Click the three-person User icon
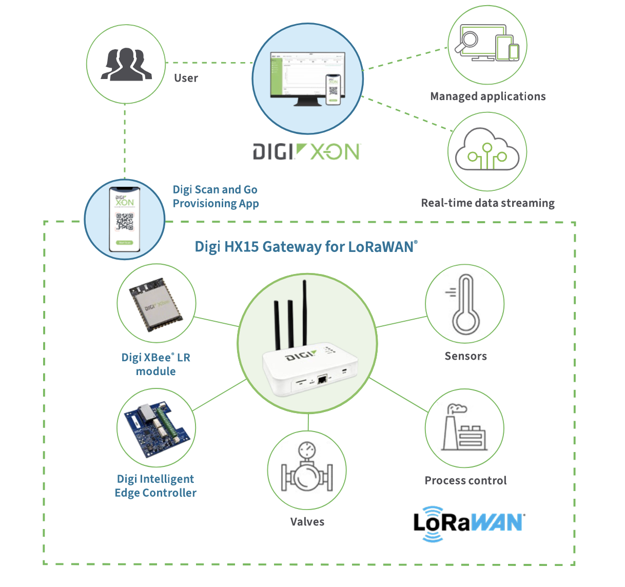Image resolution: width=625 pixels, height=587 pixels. [x=126, y=64]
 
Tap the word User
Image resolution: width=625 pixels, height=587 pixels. [x=186, y=78]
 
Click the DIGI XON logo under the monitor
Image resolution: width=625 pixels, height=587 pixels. [x=307, y=152]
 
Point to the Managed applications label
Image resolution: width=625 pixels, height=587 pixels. [x=487, y=96]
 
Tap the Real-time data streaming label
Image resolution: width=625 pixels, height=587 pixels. [x=487, y=203]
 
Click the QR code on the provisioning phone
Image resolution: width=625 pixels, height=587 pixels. [x=125, y=221]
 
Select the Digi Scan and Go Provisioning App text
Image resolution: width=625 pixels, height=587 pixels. [x=216, y=197]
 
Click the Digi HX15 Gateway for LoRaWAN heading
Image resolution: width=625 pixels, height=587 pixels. [x=306, y=247]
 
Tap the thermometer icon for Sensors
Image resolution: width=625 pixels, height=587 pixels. [x=465, y=304]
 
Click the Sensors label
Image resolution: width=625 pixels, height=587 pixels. [x=465, y=356]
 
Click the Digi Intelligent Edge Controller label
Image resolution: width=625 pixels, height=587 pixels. [x=155, y=486]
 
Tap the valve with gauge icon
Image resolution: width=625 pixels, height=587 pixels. [x=307, y=470]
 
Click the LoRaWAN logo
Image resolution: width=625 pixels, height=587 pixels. [x=469, y=523]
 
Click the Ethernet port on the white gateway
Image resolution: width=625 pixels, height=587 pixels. [x=322, y=380]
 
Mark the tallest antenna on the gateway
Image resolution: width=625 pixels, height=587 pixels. [x=305, y=313]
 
